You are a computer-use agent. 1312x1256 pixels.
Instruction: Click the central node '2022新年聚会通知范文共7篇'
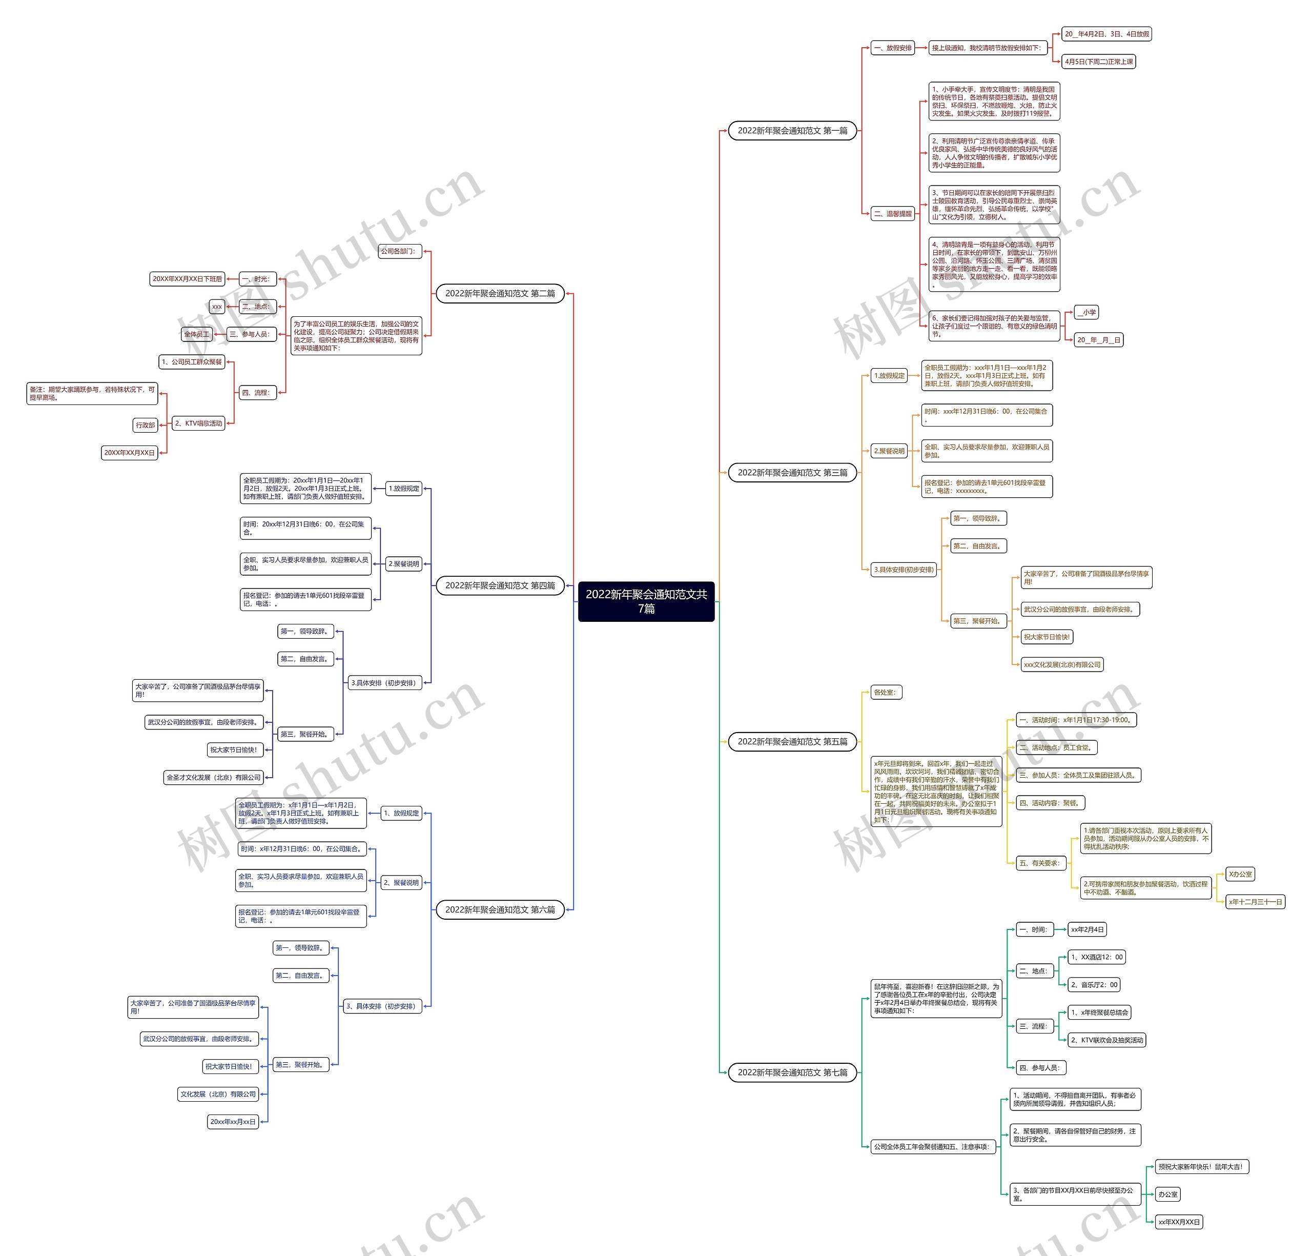(x=646, y=601)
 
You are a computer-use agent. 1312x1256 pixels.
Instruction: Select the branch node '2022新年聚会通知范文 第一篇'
(x=792, y=131)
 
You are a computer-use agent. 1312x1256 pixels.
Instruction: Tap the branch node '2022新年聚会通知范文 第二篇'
(x=500, y=293)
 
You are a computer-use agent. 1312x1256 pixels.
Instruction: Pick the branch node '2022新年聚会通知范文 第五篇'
(x=792, y=741)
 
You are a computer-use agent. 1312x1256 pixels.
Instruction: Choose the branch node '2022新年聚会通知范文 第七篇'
(x=792, y=1072)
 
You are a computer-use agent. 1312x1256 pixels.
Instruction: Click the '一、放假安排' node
(x=893, y=48)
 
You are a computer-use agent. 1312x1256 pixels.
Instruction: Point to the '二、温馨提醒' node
(x=893, y=214)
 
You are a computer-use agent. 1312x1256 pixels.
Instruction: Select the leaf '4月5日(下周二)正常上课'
(x=1099, y=62)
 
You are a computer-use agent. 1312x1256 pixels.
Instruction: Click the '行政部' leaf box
(x=145, y=424)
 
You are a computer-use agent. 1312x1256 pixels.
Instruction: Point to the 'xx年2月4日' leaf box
(x=1087, y=929)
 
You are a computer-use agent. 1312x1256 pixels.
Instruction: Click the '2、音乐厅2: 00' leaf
(x=1094, y=984)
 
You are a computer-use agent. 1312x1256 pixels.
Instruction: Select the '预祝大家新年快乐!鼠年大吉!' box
(x=1201, y=1166)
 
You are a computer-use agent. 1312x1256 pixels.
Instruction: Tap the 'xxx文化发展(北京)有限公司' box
(x=1062, y=664)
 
